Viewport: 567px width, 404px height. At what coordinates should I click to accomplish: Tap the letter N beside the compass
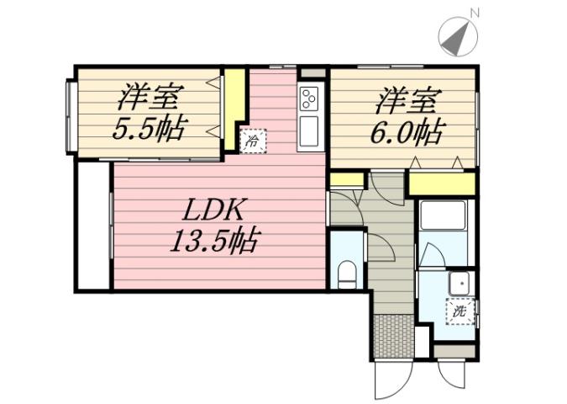tap(475, 13)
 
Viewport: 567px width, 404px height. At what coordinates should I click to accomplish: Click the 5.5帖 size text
tap(150, 130)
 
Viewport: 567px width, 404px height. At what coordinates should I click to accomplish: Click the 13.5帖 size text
tap(213, 242)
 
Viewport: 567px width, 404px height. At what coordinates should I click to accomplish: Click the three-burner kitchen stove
tap(308, 99)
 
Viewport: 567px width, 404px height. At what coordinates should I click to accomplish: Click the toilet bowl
tap(345, 271)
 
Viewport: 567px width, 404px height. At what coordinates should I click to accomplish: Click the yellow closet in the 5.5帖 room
tap(234, 98)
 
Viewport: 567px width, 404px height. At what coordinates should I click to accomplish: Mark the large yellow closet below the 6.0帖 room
tap(442, 183)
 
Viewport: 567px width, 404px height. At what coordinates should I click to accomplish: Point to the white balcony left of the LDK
tap(92, 225)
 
